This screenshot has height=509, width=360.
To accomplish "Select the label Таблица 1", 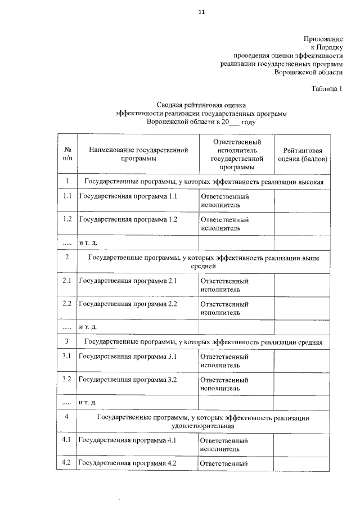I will (326, 89).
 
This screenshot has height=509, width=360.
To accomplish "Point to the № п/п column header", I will (67, 154).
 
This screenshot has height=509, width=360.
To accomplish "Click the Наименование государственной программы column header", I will (138, 154).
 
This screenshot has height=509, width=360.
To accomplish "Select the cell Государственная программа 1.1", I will (128, 197).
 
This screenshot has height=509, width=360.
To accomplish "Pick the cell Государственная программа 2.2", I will (128, 304).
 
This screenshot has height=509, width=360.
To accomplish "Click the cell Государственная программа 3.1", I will (128, 357).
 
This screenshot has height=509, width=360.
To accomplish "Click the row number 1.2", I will (67, 219).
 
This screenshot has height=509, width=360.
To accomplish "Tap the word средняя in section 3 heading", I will (310, 342).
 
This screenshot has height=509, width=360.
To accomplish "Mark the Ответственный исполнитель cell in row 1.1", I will (225, 201).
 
